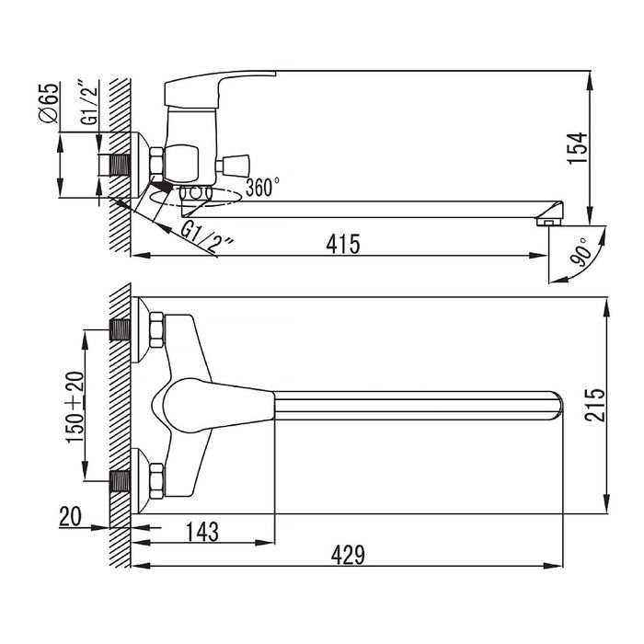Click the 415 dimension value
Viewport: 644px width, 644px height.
pos(343,244)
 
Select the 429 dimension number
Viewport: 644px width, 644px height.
pos(348,555)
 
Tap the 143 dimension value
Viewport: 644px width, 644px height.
pos(202,532)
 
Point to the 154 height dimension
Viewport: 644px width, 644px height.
pos(578,148)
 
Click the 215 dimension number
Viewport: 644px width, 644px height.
pos(595,405)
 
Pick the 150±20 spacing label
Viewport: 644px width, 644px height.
pos(75,407)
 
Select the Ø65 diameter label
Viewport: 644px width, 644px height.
pos(49,103)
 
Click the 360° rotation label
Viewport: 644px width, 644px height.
pos(263,187)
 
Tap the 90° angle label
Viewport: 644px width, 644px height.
pos(583,252)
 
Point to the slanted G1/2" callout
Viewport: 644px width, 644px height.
pos(207,238)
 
